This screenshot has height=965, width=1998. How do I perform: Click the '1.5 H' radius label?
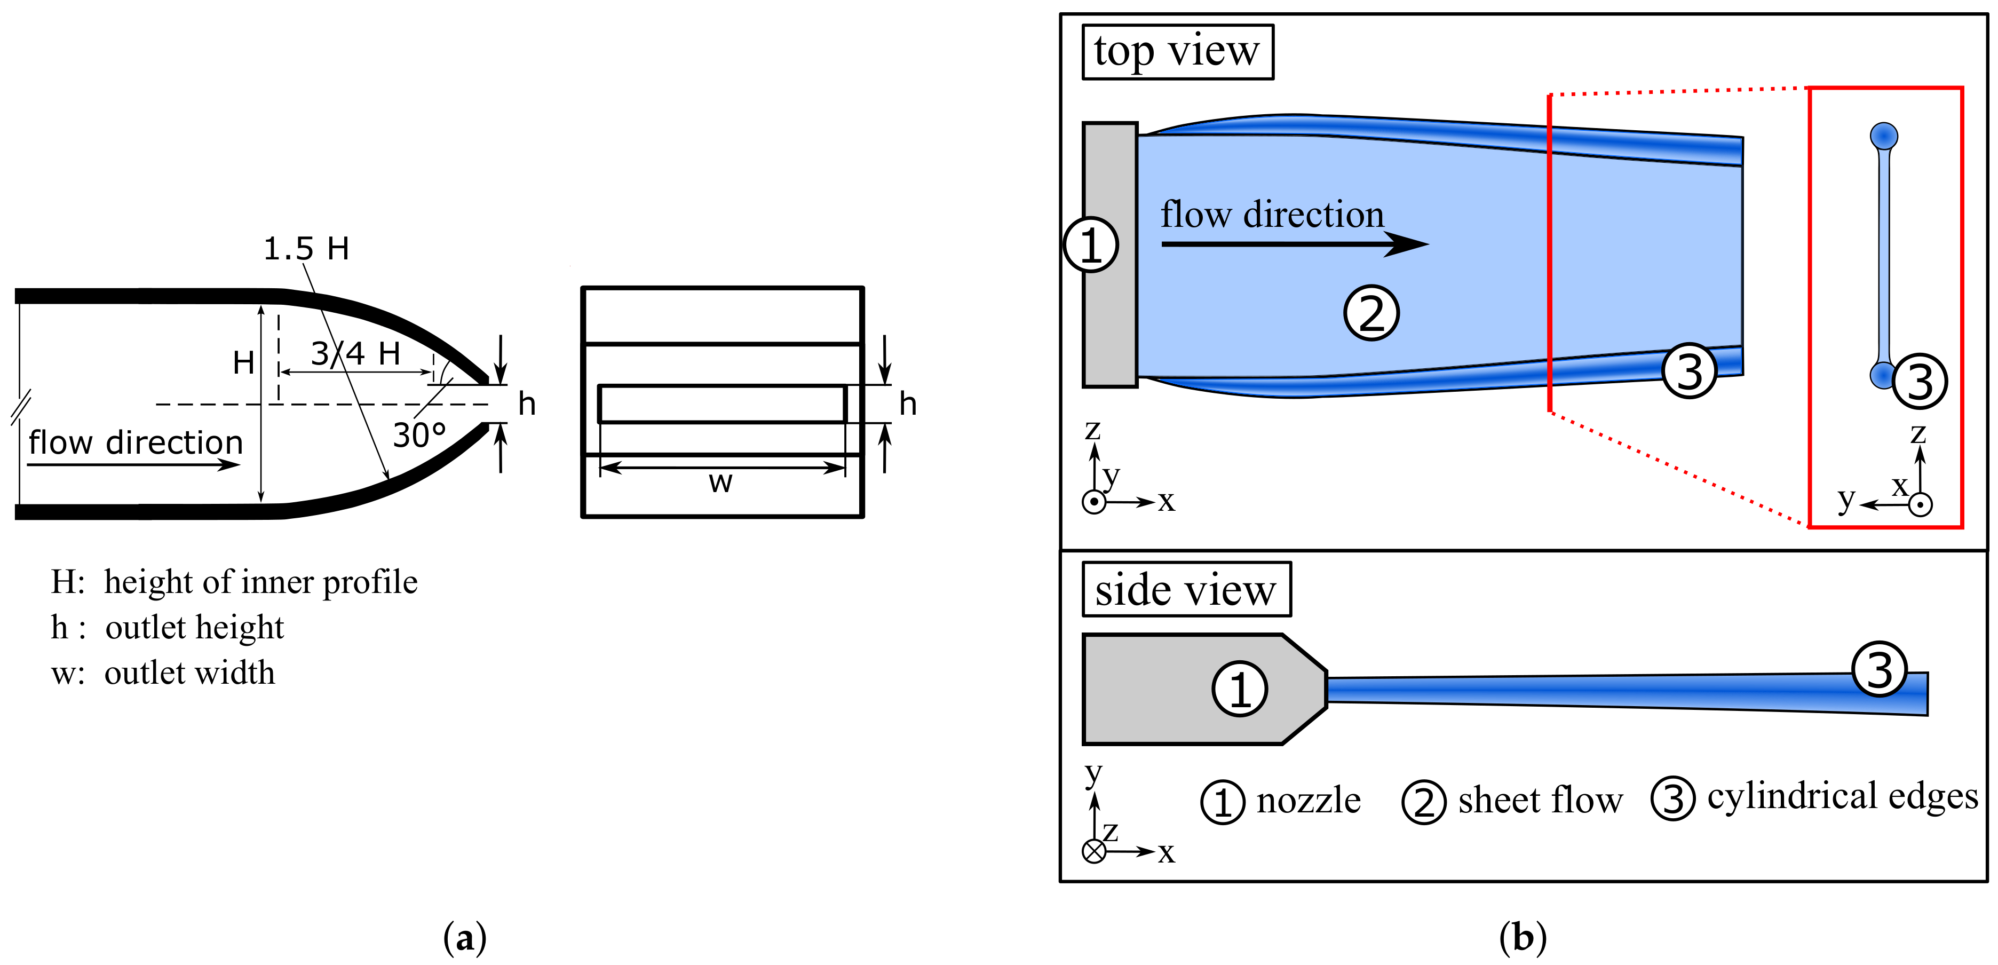(306, 249)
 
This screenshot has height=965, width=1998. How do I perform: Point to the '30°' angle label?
(419, 435)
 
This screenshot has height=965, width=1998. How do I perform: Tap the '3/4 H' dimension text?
(356, 354)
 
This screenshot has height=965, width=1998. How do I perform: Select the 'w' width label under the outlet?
(720, 482)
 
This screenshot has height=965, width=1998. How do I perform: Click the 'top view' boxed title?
(1177, 52)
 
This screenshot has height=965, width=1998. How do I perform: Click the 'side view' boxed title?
(1185, 590)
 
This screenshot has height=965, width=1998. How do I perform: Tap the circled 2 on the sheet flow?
(1370, 313)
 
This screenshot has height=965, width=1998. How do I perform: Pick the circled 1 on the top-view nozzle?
(1091, 245)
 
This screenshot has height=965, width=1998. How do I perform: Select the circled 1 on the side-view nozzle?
(1240, 688)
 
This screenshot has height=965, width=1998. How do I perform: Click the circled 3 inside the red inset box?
(1920, 381)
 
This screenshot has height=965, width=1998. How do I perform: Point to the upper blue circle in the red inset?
(1884, 137)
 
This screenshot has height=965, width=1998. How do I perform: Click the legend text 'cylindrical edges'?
(1842, 797)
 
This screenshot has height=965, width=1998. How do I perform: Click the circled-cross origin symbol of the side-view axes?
(1093, 851)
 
